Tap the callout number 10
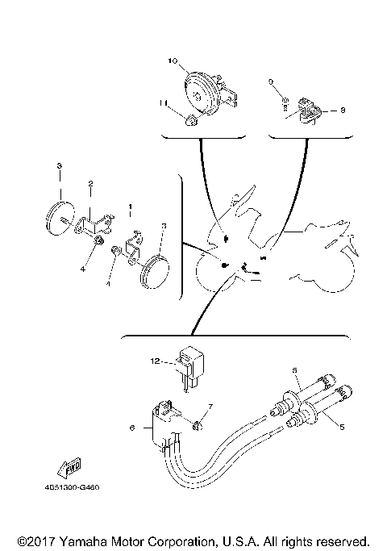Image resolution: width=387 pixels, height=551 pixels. pyautogui.click(x=172, y=61)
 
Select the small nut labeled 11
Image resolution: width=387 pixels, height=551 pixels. pyautogui.click(x=192, y=121)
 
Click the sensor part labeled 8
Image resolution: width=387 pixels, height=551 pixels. pyautogui.click(x=307, y=110)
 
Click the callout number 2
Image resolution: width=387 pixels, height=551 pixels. pyautogui.click(x=91, y=183)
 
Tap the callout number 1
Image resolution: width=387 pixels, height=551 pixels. pyautogui.click(x=131, y=207)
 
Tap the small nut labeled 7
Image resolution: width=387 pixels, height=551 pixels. pyautogui.click(x=198, y=423)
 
